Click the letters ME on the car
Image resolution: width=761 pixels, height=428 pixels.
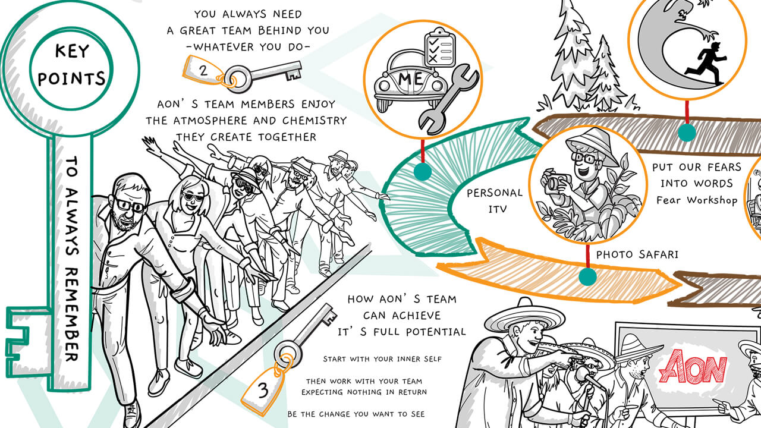(x=410, y=78)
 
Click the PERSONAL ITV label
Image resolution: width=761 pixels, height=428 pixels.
(x=494, y=201)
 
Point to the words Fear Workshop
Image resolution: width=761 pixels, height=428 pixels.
(x=697, y=200)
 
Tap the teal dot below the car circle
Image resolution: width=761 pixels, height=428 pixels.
(x=423, y=172)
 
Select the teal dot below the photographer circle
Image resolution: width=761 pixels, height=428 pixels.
(x=587, y=276)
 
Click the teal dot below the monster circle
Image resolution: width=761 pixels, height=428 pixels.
(x=687, y=132)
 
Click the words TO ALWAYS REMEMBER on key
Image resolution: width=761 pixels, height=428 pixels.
(x=72, y=259)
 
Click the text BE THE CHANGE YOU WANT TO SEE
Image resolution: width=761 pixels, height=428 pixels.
(x=356, y=414)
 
